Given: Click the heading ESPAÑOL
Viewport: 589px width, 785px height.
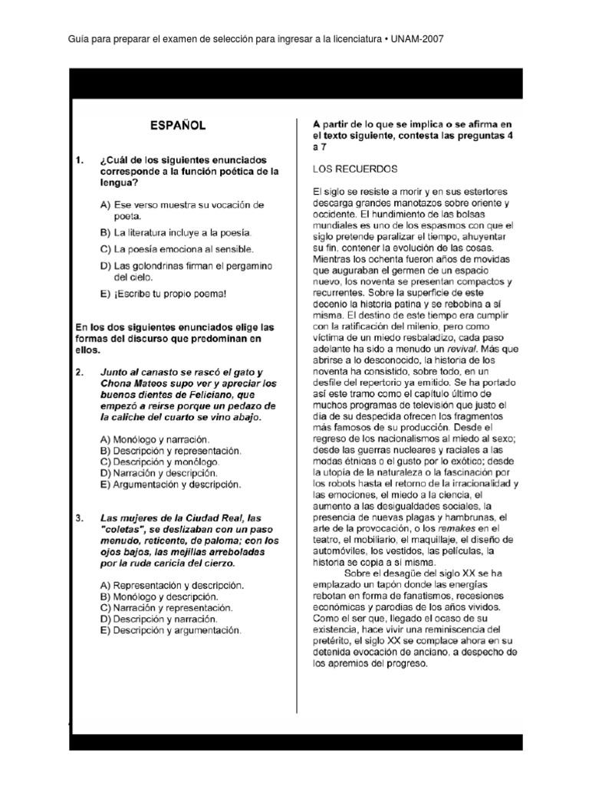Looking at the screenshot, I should click(x=176, y=125).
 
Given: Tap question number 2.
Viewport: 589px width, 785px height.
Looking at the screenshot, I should click(x=79, y=372).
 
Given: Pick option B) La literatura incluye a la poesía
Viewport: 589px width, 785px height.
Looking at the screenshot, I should click(x=176, y=232).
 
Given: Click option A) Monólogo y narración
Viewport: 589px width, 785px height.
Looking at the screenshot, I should click(x=154, y=439).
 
